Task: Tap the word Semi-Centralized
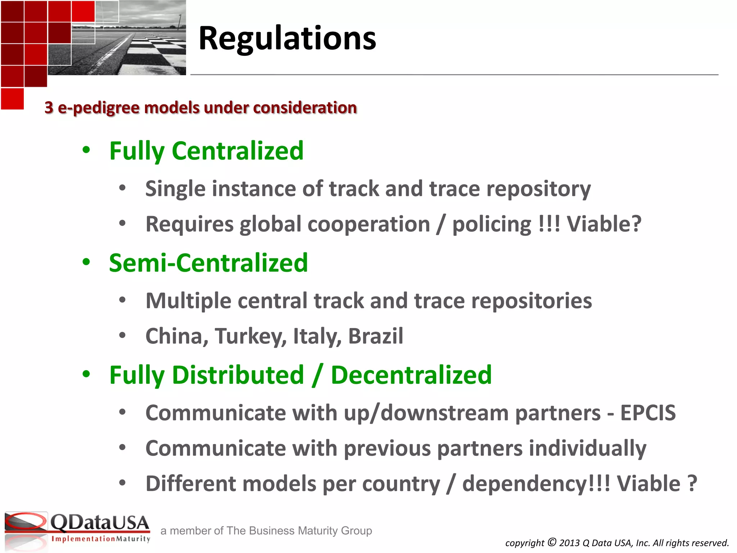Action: click(208, 263)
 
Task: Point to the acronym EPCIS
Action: click(648, 413)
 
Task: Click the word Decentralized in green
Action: click(411, 375)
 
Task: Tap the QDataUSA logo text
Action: click(99, 523)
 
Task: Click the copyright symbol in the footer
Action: click(552, 542)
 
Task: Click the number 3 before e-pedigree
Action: click(49, 108)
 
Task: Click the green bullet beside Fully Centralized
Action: click(86, 150)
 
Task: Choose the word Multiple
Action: click(188, 301)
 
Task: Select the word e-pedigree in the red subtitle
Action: click(98, 108)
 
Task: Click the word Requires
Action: click(189, 224)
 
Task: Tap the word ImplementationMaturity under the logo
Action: click(101, 539)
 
